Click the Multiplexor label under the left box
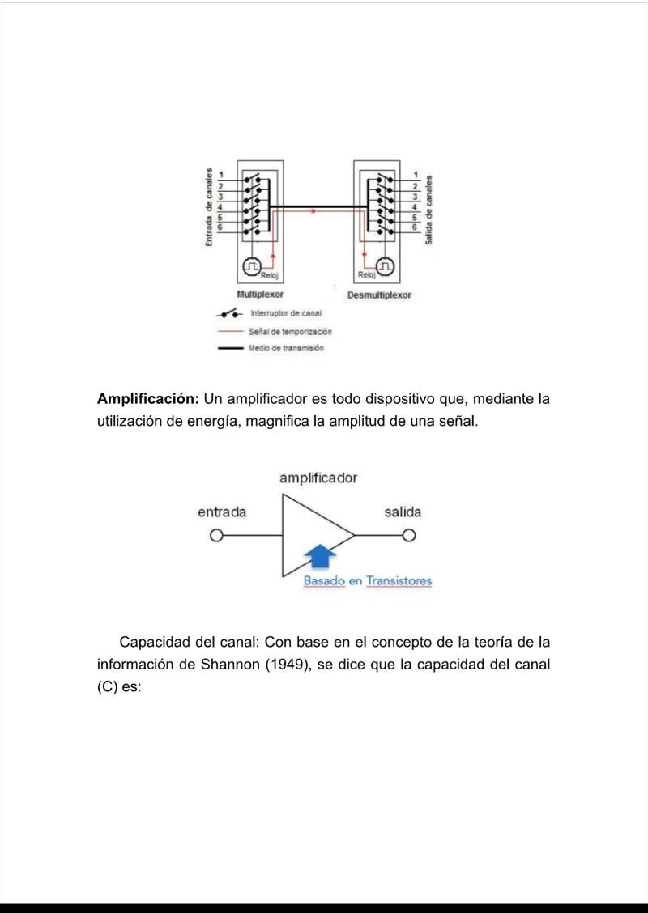click(x=260, y=295)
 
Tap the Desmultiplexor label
click(x=379, y=295)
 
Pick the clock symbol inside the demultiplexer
click(x=386, y=265)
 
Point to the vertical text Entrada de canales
click(x=209, y=207)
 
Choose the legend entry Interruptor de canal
click(x=286, y=313)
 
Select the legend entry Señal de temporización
click(x=290, y=331)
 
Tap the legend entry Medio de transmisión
click(x=286, y=348)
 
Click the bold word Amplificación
click(x=148, y=399)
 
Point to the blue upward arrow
click(x=322, y=556)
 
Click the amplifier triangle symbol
click(x=312, y=535)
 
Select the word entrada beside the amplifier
click(x=222, y=512)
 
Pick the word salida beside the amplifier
click(x=403, y=512)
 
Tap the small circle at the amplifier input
click(x=215, y=535)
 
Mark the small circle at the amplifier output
click(x=409, y=535)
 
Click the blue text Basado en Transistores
click(x=368, y=581)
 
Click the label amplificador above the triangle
click(x=318, y=478)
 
